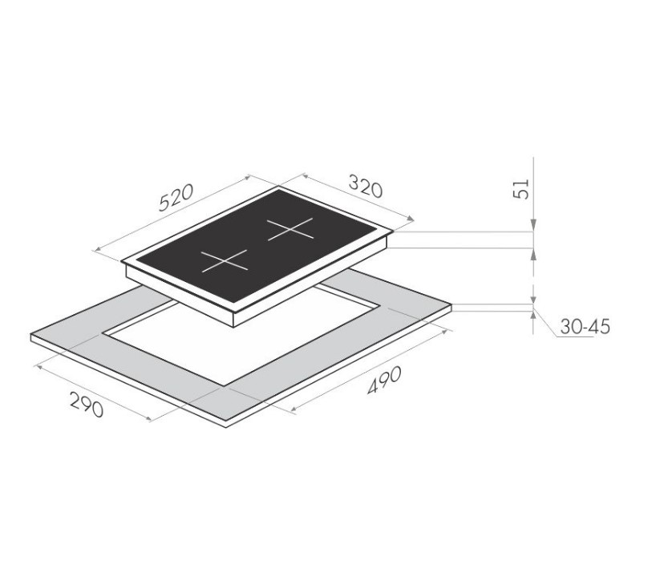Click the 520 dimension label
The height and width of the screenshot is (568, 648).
[176, 197]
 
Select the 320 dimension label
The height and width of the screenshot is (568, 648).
[366, 186]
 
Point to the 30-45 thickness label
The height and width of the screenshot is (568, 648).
[585, 327]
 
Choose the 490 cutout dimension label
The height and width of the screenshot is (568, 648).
[384, 381]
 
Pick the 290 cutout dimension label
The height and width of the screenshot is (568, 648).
[87, 404]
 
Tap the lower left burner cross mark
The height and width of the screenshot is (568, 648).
[225, 261]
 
